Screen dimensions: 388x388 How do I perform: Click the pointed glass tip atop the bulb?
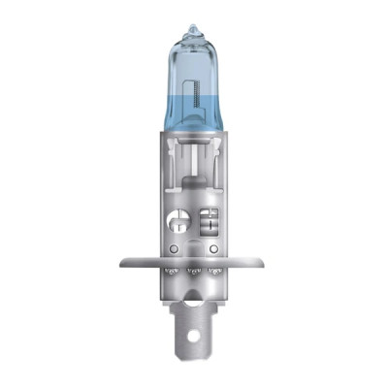193,30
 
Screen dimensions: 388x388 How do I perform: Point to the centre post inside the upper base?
194,170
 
